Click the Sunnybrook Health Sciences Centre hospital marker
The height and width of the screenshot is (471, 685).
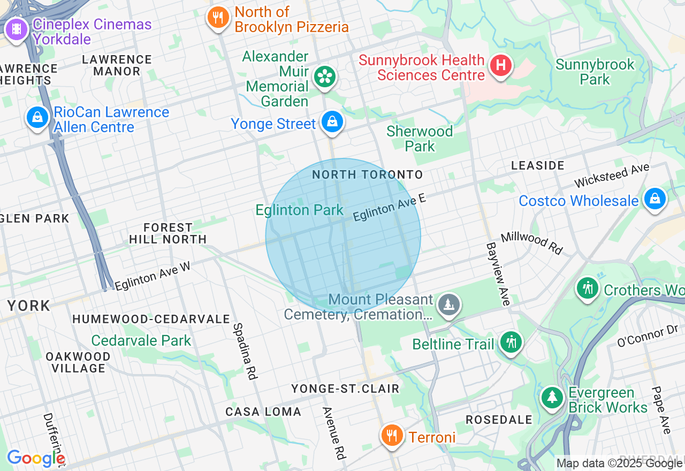501,66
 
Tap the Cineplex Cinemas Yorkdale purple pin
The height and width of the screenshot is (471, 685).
17,29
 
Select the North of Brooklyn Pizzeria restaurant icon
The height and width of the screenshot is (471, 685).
218,18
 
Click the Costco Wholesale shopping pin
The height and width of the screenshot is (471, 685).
654,199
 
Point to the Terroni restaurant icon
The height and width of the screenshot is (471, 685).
392,434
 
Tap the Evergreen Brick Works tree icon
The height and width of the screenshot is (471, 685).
552,397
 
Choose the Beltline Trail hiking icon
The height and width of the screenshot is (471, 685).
511,341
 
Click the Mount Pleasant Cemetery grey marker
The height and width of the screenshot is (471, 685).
448,305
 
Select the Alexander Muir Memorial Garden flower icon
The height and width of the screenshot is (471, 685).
324,77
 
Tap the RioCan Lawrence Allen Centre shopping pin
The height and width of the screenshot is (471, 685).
37,116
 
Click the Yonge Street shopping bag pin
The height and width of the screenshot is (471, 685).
332,122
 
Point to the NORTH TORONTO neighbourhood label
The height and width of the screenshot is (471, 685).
367,174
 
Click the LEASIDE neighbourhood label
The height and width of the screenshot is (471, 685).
537,165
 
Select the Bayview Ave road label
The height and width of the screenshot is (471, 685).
498,274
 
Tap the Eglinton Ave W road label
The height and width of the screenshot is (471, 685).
153,276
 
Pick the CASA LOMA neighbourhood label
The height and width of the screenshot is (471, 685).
263,412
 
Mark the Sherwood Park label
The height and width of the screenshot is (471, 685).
420,139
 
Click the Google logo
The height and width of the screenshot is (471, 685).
36,458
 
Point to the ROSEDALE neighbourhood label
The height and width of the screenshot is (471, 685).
499,419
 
